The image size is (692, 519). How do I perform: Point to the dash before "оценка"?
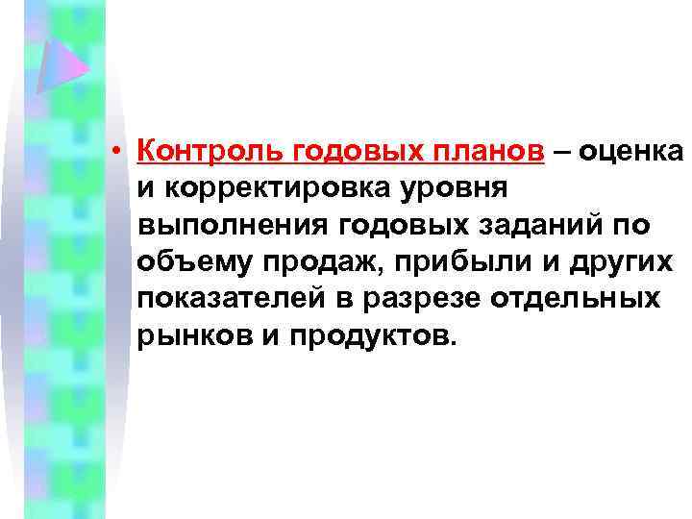coord(562,151)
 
